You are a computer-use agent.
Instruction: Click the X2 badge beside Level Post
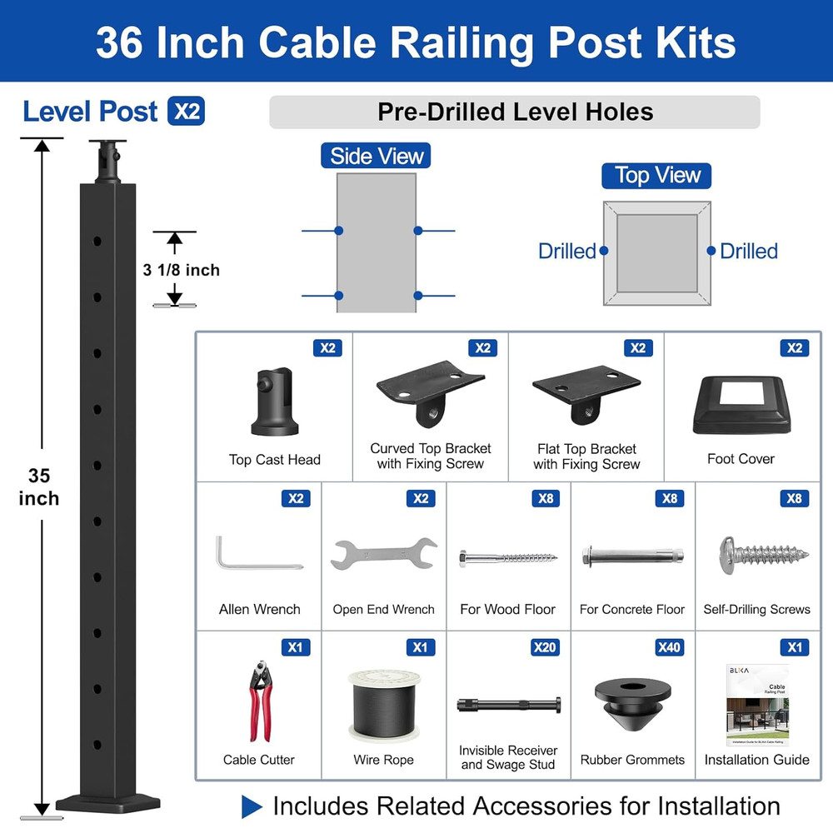[x=186, y=112]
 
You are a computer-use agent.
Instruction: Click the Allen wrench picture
[x=255, y=554]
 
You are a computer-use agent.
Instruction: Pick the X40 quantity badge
[x=669, y=647]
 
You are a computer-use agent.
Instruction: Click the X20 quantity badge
[x=545, y=647]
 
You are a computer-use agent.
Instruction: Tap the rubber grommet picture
[x=633, y=701]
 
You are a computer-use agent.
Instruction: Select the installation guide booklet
[x=756, y=705]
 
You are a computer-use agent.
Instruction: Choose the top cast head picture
[x=275, y=403]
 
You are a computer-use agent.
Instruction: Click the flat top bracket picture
[x=586, y=393]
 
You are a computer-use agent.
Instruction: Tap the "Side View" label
[x=377, y=156]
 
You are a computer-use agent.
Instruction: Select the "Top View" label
[x=657, y=176]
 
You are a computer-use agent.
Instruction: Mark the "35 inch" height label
[x=39, y=487]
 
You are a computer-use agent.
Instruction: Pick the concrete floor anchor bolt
[x=632, y=555]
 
